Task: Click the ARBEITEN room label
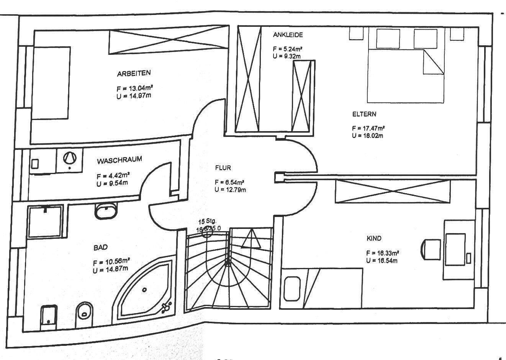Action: pos(134,73)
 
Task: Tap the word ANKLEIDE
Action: pos(288,35)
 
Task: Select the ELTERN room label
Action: pos(364,114)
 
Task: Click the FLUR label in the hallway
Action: pos(223,168)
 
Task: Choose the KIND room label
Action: pos(374,238)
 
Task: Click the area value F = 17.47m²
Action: pos(368,128)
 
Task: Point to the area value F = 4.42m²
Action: pos(114,176)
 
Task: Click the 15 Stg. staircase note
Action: pos(207,222)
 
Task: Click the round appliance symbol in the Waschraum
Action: pos(69,158)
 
